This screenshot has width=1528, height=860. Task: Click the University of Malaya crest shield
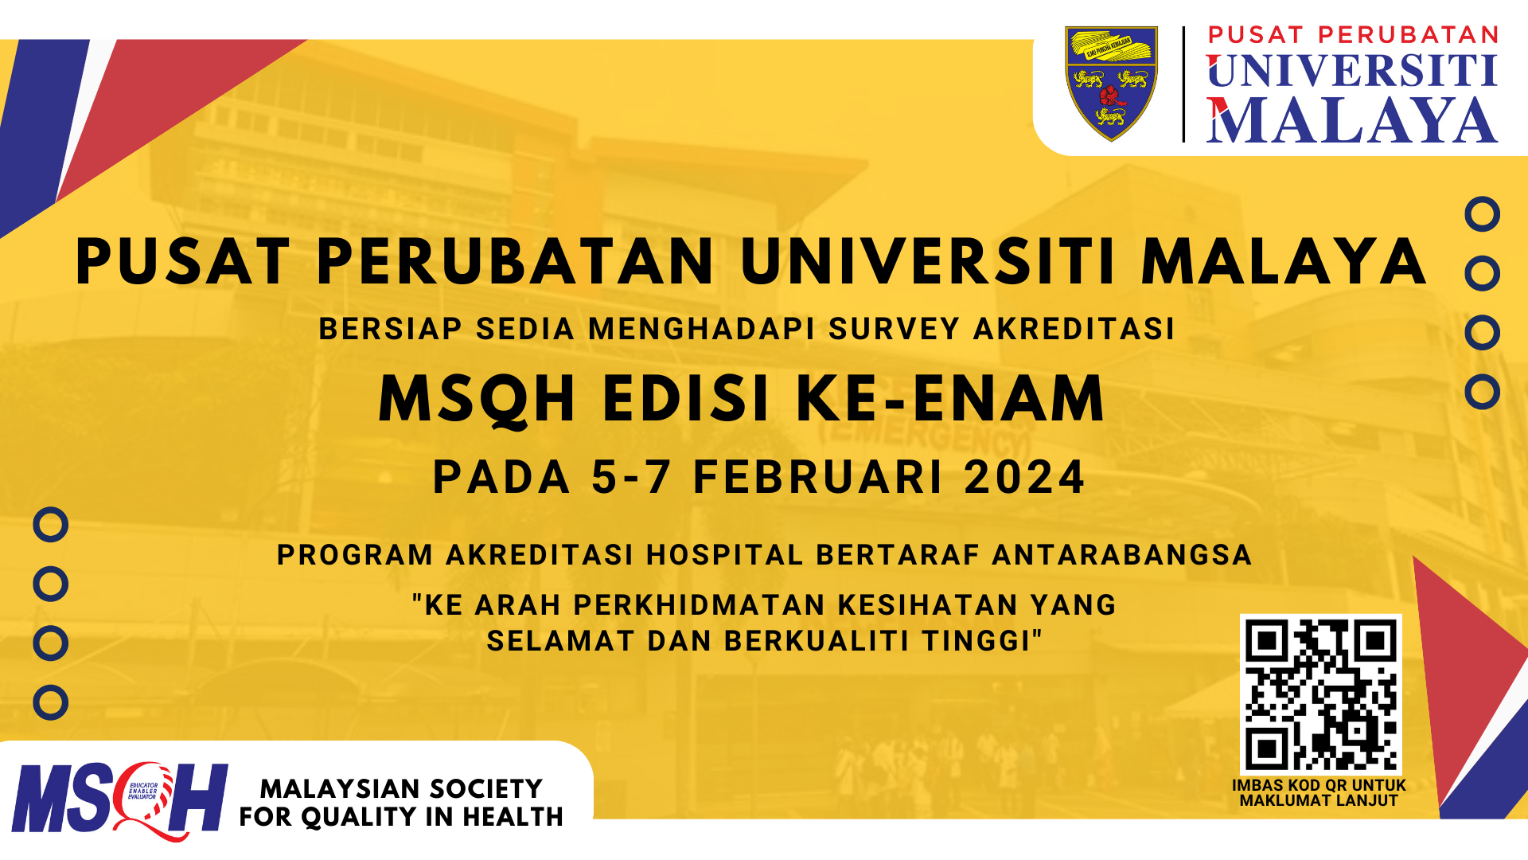pyautogui.click(x=1111, y=83)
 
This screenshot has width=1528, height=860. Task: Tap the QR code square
pyautogui.click(x=1320, y=694)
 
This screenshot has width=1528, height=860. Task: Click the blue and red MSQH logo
pyautogui.click(x=119, y=799)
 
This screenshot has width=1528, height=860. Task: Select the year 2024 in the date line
pyautogui.click(x=1024, y=477)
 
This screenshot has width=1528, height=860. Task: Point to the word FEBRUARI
pyautogui.click(x=819, y=477)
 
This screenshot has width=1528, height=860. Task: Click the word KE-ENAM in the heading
pyautogui.click(x=951, y=398)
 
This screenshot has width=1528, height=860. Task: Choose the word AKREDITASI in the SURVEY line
pyautogui.click(x=1074, y=329)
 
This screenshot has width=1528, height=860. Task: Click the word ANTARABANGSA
pyautogui.click(x=1122, y=555)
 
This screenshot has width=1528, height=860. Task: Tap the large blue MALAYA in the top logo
pyautogui.click(x=1351, y=122)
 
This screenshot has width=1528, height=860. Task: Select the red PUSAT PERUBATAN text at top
pyautogui.click(x=1353, y=35)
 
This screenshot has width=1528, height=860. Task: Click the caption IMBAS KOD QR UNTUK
pyautogui.click(x=1319, y=785)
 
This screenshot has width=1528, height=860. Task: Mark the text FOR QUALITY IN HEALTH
pyautogui.click(x=401, y=817)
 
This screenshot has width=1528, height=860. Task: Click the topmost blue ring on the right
pyautogui.click(x=1482, y=214)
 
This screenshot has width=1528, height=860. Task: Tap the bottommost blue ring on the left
pyautogui.click(x=50, y=702)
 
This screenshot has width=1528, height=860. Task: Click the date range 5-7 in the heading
pyautogui.click(x=631, y=477)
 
